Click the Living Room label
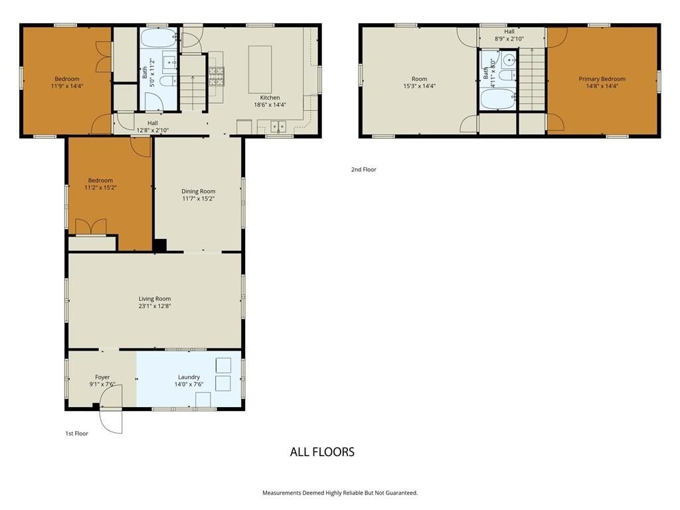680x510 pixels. [x=154, y=299]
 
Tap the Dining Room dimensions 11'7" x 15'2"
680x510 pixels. [x=198, y=199]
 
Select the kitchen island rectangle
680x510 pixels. [x=260, y=69]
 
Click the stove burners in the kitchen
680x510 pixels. [x=216, y=76]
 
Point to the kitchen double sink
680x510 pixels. [x=278, y=127]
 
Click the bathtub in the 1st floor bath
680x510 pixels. [x=159, y=38]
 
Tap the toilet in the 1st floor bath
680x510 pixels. [x=167, y=81]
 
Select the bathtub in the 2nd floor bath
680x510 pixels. [x=498, y=100]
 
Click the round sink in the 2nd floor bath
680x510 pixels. [x=509, y=60]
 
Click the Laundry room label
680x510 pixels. [x=189, y=377]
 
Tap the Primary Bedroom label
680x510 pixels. [x=602, y=79]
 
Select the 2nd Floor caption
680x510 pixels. [x=363, y=169]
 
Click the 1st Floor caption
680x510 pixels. [x=77, y=433]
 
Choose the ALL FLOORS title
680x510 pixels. [x=322, y=452]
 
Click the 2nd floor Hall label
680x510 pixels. [x=509, y=32]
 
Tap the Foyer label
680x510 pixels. [x=102, y=377]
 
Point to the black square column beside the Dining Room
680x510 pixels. [x=160, y=245]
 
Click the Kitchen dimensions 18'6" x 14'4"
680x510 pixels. [x=270, y=104]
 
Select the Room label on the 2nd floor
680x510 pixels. [x=420, y=79]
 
